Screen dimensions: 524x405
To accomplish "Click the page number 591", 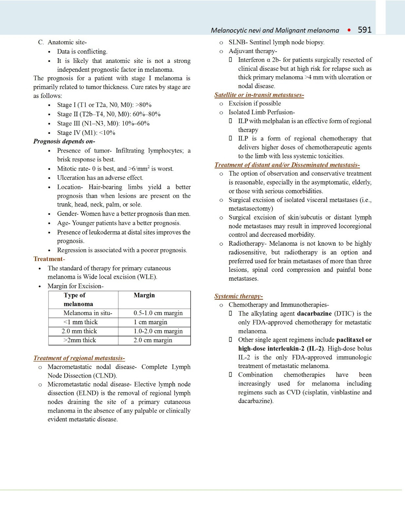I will click(x=364, y=30).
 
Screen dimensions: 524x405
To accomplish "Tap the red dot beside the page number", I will click(x=349, y=30).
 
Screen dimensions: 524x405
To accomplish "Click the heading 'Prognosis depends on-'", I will click(x=64, y=141).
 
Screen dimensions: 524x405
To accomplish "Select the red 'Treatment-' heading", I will click(x=49, y=259).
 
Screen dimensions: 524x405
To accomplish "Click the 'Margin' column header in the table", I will click(x=144, y=295).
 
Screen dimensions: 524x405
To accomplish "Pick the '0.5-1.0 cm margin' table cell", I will click(x=158, y=313).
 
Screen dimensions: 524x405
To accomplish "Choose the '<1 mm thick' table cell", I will click(x=81, y=322).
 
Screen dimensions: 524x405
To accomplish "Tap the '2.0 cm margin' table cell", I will click(x=153, y=340).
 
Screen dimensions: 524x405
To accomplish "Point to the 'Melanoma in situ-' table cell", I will click(x=88, y=313).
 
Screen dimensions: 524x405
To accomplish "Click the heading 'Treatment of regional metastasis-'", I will click(x=79, y=358).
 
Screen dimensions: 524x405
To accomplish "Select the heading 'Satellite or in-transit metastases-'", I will click(x=259, y=95).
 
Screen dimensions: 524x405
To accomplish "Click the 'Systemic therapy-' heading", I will click(x=238, y=296).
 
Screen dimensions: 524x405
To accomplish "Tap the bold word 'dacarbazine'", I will click(x=314, y=313).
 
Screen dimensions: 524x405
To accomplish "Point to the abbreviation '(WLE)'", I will click(x=147, y=277).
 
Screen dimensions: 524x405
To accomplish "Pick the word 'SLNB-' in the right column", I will click(x=238, y=42).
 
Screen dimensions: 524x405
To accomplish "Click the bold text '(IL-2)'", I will click(x=315, y=348).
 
